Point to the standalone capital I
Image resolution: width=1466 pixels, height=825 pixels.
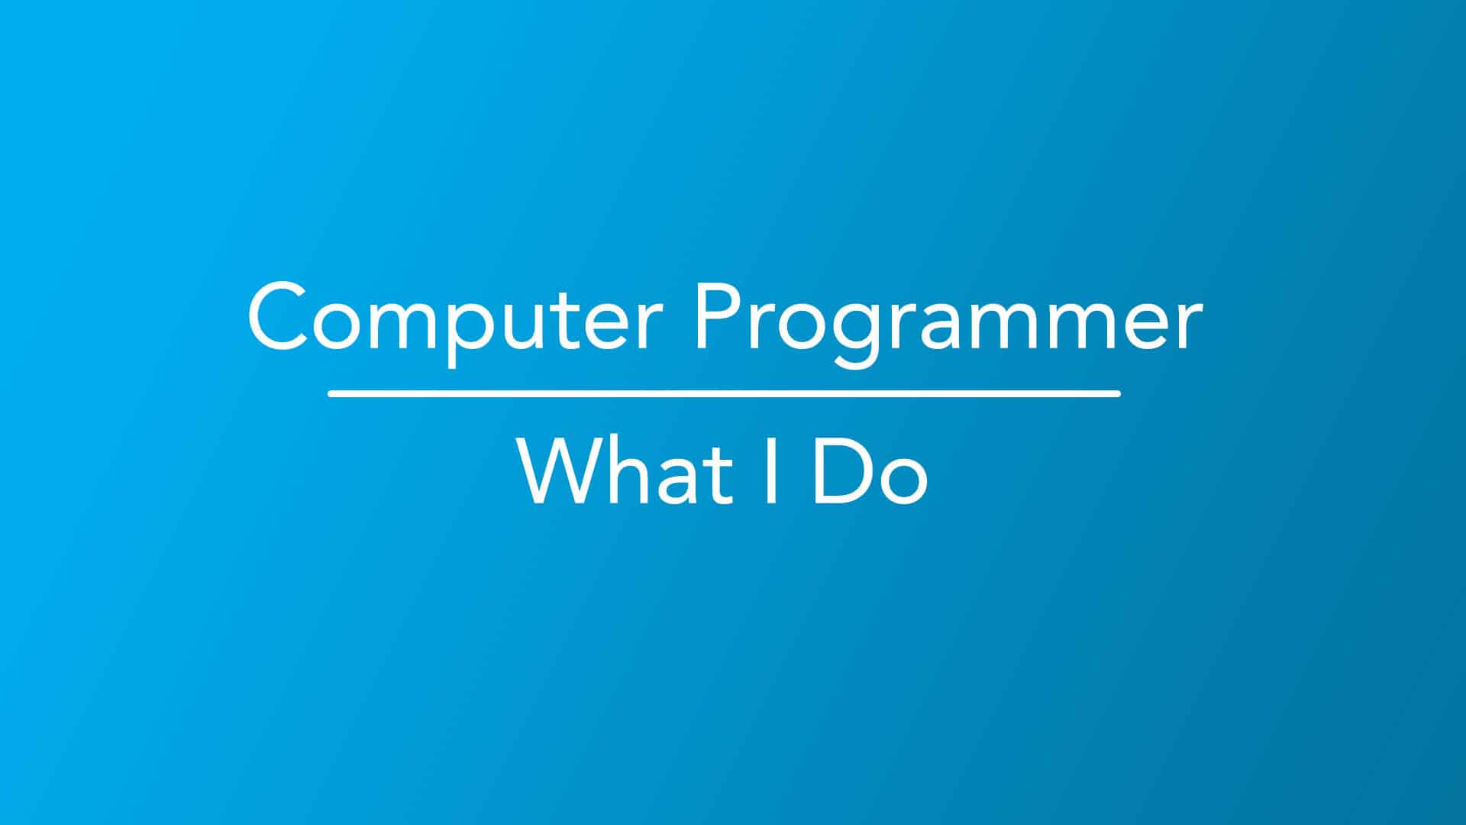(771, 471)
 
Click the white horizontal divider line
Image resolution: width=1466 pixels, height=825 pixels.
(724, 393)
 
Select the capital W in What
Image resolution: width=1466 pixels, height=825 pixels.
(561, 471)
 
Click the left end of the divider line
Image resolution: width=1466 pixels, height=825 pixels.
(329, 393)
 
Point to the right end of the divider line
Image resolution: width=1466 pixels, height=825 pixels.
(1119, 393)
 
